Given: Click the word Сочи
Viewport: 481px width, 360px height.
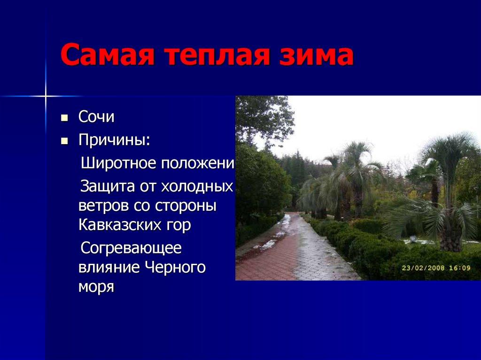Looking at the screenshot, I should point(96,117).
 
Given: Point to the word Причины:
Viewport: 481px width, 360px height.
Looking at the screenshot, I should point(114,140).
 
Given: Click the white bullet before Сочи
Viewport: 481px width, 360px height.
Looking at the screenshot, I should point(65,117).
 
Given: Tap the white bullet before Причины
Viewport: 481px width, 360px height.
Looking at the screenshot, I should point(65,140).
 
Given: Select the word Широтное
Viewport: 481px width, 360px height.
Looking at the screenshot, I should point(118,164).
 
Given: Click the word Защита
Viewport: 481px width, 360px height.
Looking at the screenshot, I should point(108,186).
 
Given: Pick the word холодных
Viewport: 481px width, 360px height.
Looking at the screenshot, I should point(197,186).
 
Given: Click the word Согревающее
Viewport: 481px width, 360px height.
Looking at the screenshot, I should point(131,248).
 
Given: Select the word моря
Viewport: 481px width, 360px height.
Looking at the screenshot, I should point(96,286).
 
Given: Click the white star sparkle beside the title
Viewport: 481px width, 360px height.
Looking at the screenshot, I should point(46,96).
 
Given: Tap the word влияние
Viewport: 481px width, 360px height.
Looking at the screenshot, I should point(109,267).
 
